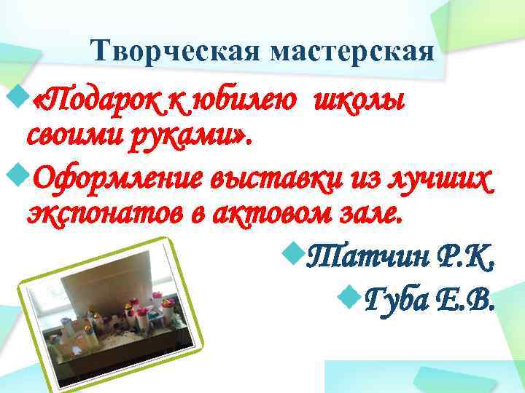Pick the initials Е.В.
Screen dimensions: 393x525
click(464, 298)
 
